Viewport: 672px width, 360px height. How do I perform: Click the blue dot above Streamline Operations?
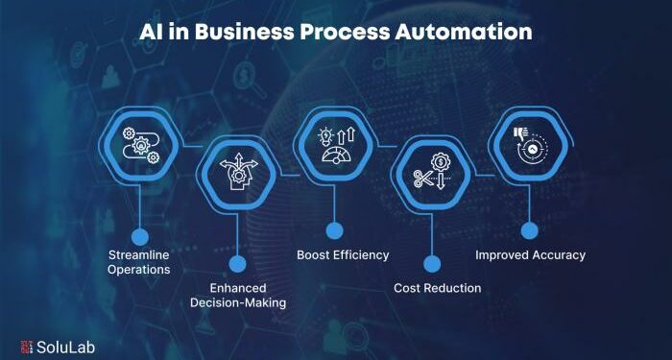[140, 234]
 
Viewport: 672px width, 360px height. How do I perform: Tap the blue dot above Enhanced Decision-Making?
[238, 262]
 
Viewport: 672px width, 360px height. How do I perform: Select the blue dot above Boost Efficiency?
[334, 230]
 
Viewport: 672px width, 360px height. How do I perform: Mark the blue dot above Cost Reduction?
[432, 262]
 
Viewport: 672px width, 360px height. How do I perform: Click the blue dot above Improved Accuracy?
[528, 230]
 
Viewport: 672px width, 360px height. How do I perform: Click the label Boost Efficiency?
[342, 255]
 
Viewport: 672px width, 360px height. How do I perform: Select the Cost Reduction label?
[438, 288]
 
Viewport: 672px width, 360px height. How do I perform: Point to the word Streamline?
[140, 254]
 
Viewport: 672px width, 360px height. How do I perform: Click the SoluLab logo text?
[67, 343]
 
